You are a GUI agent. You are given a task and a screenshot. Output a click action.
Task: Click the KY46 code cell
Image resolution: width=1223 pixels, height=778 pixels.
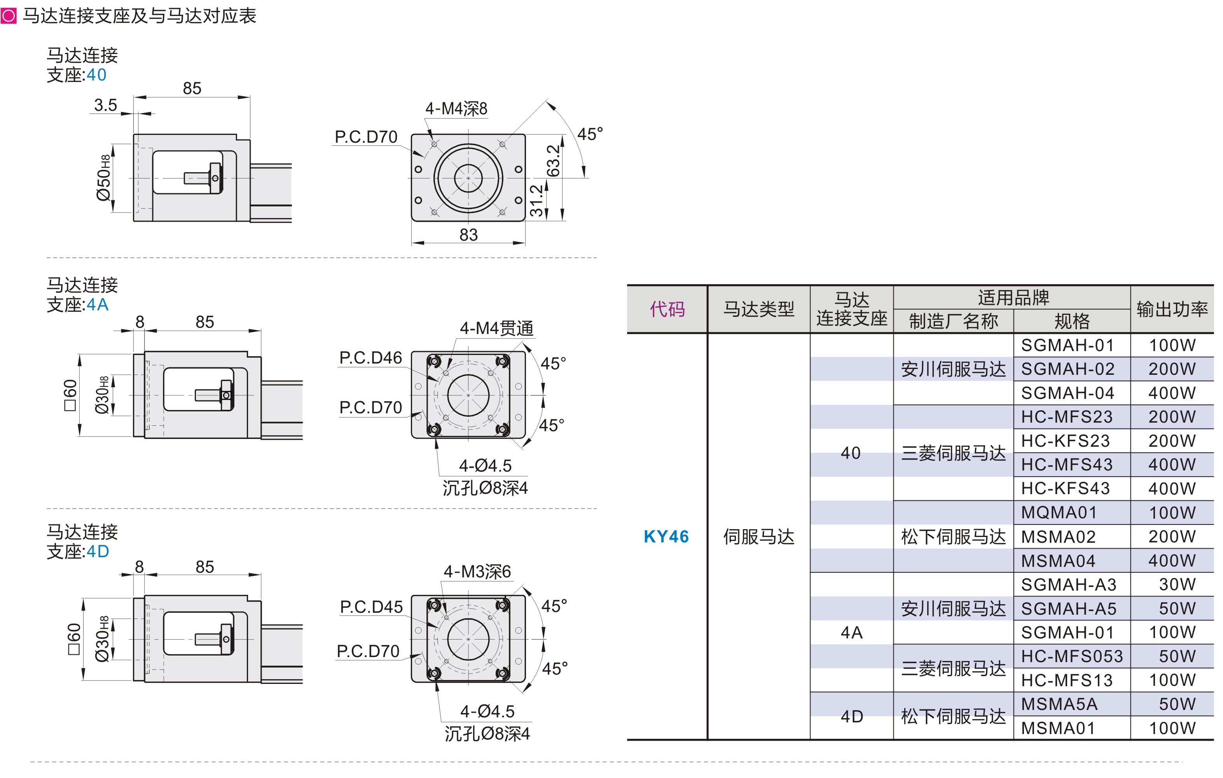[x=666, y=536]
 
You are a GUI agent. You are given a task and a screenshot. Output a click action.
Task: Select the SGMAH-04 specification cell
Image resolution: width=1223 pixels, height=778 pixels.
[x=1067, y=393]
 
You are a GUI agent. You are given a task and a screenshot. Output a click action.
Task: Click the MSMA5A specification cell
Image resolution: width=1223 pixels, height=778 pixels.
[x=1059, y=704]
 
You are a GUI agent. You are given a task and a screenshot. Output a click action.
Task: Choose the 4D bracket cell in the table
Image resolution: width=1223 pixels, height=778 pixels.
[x=852, y=716]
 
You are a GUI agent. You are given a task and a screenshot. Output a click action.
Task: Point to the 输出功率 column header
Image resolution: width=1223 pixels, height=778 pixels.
[x=1172, y=309]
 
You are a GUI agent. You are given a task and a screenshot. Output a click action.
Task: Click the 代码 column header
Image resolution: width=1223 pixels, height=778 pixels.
[x=667, y=309]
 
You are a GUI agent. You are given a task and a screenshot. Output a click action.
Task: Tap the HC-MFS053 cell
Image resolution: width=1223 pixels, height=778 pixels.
[x=1072, y=656]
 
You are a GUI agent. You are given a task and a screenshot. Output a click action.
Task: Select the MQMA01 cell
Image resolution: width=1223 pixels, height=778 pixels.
[x=1059, y=512]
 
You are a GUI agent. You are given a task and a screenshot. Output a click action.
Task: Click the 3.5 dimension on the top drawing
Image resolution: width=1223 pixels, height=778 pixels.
[x=106, y=105]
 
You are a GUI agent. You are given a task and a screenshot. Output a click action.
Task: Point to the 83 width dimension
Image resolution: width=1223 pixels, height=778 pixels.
[x=468, y=234]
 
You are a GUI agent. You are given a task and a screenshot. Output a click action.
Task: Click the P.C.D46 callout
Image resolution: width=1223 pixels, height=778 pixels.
[x=370, y=358]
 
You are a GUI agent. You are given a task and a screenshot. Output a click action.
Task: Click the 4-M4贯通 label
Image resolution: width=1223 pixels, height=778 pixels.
[x=496, y=329]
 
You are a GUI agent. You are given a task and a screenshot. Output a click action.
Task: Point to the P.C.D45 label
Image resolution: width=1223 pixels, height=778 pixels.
[x=371, y=607]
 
